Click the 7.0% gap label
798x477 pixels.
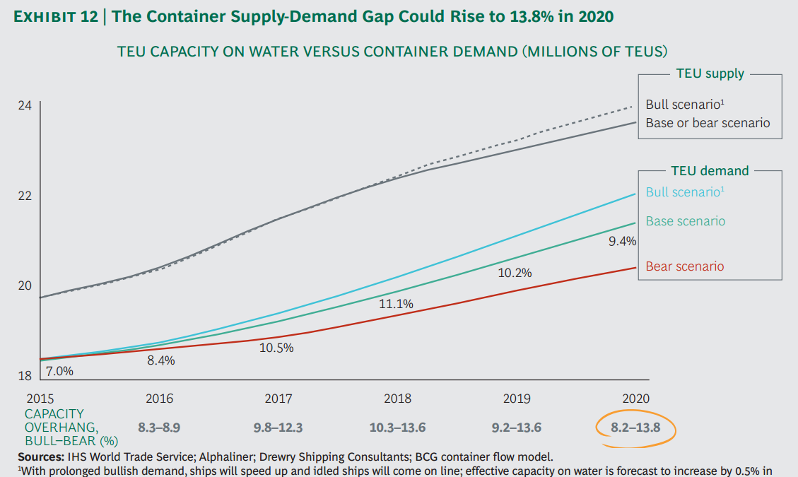click(59, 370)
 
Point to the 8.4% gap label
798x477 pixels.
click(160, 360)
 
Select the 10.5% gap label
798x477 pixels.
click(276, 348)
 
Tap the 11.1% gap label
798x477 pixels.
click(397, 304)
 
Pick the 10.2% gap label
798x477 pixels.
click(515, 273)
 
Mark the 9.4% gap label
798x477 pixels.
click(622, 242)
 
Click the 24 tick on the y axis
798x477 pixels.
click(24, 106)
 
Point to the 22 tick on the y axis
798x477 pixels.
click(24, 196)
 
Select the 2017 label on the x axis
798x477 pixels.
click(278, 399)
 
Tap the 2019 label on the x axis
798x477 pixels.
click(517, 399)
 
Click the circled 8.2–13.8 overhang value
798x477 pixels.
click(634, 428)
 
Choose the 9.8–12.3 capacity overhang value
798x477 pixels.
click(278, 428)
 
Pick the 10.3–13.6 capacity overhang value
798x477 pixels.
click(397, 428)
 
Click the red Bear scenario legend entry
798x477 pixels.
click(684, 266)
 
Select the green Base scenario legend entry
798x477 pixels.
click(685, 221)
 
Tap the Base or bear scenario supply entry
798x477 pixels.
click(708, 123)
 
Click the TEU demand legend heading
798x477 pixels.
click(709, 170)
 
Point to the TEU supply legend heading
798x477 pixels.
click(710, 73)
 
